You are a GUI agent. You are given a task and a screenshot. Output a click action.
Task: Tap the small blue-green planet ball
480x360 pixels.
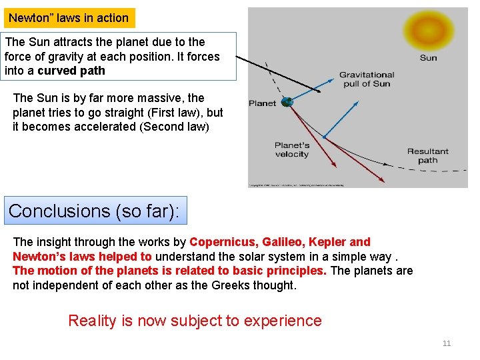click(287, 102)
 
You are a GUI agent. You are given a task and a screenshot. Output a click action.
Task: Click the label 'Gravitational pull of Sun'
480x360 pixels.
click(367, 79)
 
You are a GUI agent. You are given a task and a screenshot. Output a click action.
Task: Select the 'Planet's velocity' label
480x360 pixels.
click(292, 150)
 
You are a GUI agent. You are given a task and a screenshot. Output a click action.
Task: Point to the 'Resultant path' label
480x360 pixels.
click(428, 155)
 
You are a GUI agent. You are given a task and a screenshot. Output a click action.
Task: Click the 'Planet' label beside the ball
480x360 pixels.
click(262, 103)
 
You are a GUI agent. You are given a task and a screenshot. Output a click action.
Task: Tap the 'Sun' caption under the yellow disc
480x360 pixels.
click(429, 58)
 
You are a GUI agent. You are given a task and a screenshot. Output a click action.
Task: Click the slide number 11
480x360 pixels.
click(447, 343)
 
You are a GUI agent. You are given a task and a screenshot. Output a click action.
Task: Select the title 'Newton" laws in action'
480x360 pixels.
click(69, 18)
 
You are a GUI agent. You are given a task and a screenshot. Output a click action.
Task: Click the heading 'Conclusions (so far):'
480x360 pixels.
click(95, 211)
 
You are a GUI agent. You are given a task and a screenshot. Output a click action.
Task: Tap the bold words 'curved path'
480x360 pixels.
click(71, 71)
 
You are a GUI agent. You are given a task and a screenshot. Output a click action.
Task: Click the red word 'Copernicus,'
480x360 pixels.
click(224, 242)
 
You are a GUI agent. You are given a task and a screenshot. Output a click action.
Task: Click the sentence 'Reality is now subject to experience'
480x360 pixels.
click(195, 321)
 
